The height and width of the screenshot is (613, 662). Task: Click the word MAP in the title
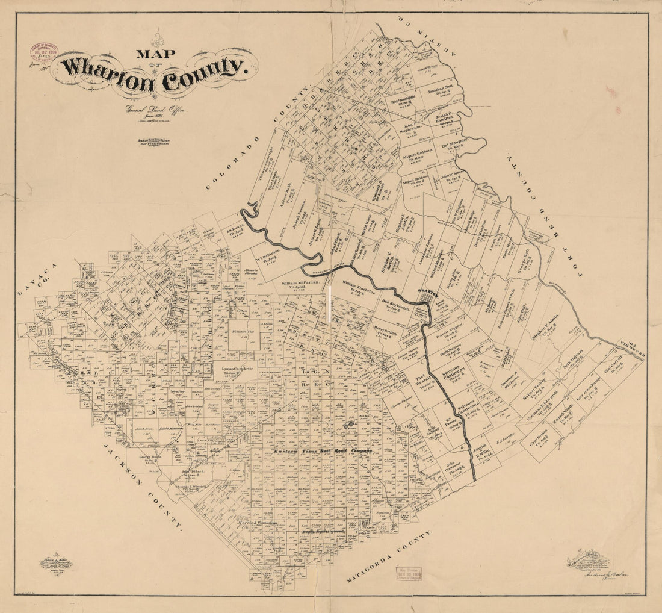155,54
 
